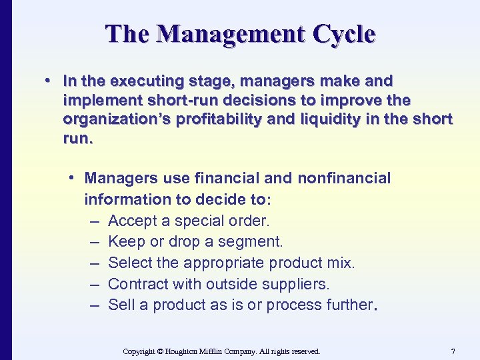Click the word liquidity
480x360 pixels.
(x=360, y=119)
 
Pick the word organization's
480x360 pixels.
(x=121, y=119)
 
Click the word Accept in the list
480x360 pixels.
(x=131, y=221)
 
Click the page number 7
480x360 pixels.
(x=453, y=351)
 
